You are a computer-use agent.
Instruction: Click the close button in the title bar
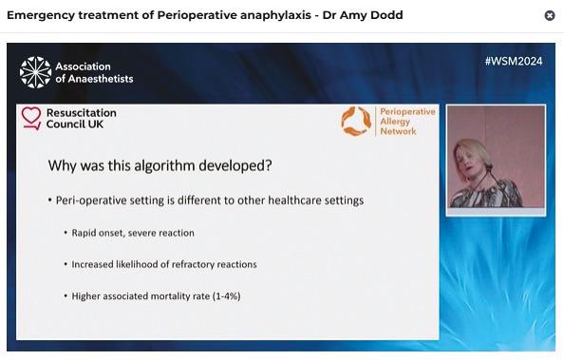pos(550,15)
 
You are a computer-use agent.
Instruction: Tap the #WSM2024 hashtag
pos(514,61)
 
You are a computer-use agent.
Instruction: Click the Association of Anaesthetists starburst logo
pos(36,72)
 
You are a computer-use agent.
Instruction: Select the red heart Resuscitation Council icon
pos(31,118)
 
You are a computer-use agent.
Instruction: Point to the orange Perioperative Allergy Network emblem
pos(356,121)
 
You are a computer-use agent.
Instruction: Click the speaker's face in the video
pos(468,160)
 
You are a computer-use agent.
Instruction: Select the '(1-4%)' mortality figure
pos(227,296)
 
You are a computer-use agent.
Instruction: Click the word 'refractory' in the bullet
pos(193,264)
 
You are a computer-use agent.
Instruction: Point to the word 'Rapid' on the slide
pos(84,233)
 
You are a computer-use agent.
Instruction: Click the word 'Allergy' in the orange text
pos(395,122)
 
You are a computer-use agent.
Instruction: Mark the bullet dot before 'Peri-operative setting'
pos(50,199)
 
